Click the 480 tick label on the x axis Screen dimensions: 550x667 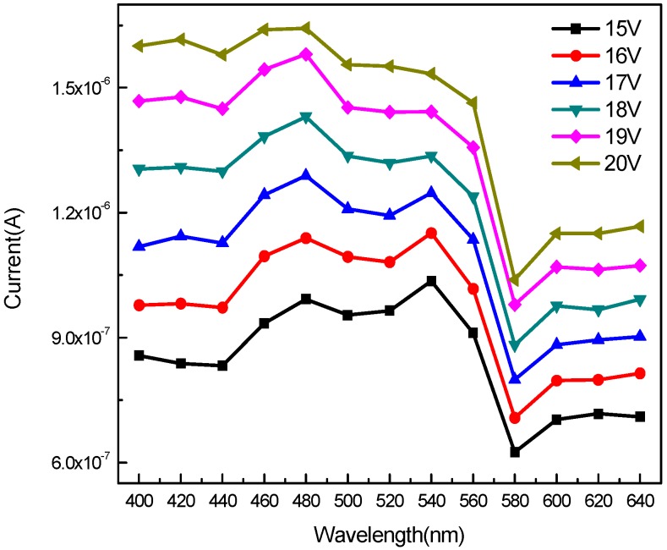click(305, 502)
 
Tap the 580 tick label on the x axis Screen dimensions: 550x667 click(515, 502)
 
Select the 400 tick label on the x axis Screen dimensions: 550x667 click(139, 502)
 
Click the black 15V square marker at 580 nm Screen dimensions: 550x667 click(515, 452)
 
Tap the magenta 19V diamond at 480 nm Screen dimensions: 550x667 click(306, 54)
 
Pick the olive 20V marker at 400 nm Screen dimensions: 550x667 click(138, 46)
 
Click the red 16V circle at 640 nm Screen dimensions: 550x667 click(640, 373)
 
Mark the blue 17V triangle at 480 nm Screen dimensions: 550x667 click(306, 175)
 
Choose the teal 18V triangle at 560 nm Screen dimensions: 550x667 click(473, 197)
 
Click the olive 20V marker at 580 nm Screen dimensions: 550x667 click(515, 280)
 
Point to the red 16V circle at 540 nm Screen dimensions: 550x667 click(431, 233)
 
